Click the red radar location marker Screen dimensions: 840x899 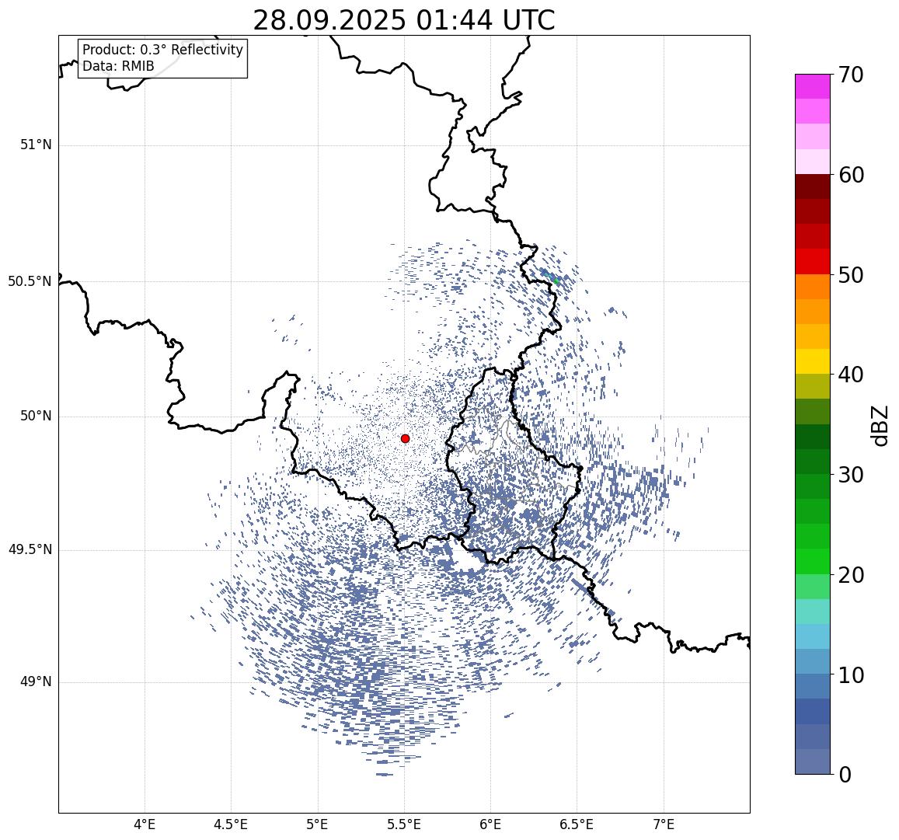pos(405,438)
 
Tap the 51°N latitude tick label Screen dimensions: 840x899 pos(36,145)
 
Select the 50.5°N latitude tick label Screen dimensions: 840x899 pos(30,281)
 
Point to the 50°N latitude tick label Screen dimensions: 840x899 pos(36,416)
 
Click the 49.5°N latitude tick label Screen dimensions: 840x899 pos(30,550)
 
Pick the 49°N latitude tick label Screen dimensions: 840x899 pos(36,682)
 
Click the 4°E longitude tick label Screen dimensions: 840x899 pos(145,824)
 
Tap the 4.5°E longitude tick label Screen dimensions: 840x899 pos(231,824)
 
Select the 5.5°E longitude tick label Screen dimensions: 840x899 pos(404,824)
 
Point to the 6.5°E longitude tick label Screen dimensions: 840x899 pos(577,824)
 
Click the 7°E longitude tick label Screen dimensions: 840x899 pos(664,824)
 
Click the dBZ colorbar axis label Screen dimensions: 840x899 pos(880,425)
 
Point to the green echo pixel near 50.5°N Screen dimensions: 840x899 pos(556,281)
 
